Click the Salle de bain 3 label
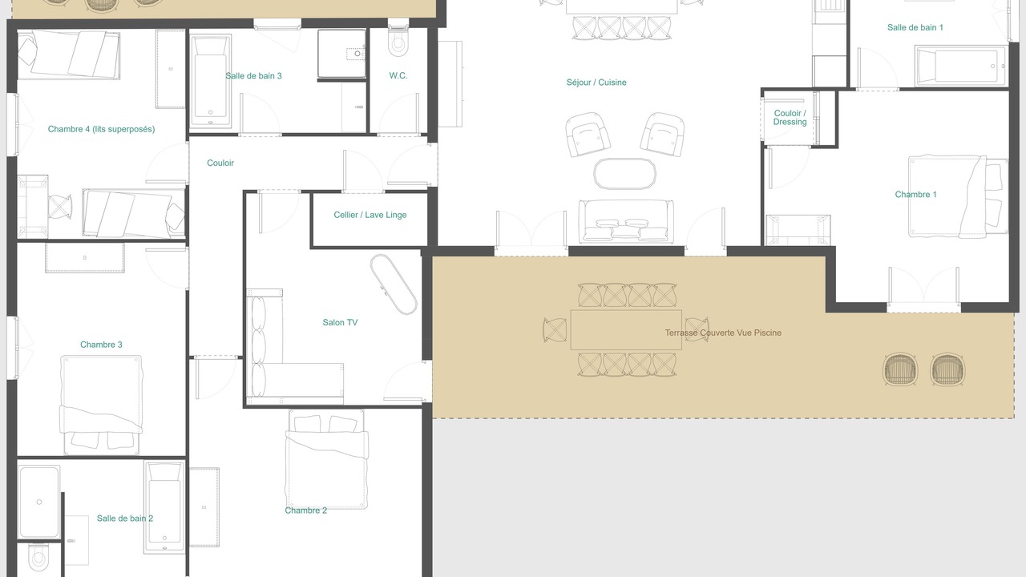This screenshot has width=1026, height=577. [253, 76]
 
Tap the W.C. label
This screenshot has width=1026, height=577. [398, 75]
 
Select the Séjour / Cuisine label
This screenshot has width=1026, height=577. [596, 83]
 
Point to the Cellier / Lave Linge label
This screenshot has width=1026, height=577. [370, 215]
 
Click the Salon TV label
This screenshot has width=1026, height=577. [340, 322]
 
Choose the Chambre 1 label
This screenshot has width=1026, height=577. [915, 195]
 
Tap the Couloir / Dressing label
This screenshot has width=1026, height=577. [790, 117]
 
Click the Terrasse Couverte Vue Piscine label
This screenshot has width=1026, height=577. [723, 333]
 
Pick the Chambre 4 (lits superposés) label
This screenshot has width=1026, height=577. [101, 129]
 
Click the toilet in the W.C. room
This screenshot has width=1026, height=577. [398, 38]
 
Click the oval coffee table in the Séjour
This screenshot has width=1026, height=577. [624, 174]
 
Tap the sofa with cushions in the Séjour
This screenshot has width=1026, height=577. [626, 221]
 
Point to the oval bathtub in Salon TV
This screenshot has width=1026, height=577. [394, 284]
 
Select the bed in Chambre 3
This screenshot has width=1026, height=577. [101, 405]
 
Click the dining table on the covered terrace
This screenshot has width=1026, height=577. [626, 329]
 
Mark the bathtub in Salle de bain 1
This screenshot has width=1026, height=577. [960, 66]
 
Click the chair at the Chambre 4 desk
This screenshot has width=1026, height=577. [60, 207]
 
